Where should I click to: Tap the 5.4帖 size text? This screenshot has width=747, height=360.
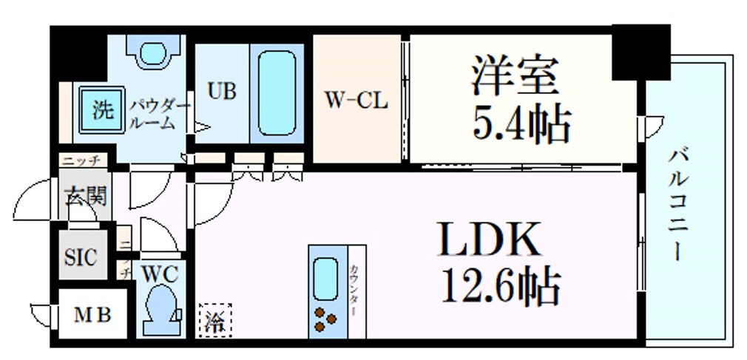[x=521, y=124]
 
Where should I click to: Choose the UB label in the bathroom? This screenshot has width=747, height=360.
[x=221, y=92]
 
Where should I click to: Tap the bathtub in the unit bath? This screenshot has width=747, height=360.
[x=277, y=93]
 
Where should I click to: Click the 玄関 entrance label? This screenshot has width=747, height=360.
[x=86, y=197]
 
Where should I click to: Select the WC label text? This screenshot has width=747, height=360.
[x=159, y=274]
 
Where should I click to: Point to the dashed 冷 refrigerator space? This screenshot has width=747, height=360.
[x=214, y=321]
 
